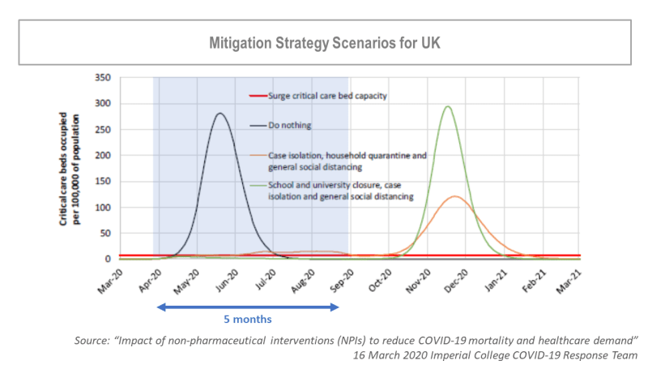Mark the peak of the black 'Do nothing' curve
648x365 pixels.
tap(220, 114)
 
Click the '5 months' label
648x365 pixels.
tap(246, 319)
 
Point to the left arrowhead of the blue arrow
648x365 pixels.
tap(160, 307)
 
